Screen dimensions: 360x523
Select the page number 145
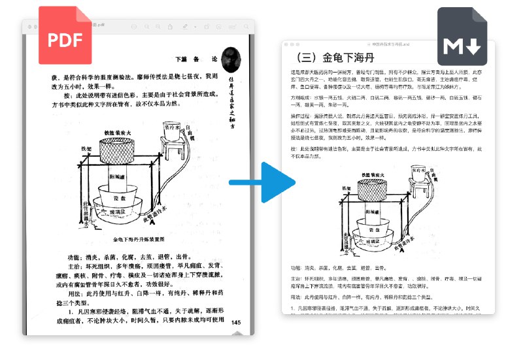(236, 322)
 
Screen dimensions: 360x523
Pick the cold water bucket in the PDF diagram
(172, 131)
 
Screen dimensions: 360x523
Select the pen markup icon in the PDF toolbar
(186, 26)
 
